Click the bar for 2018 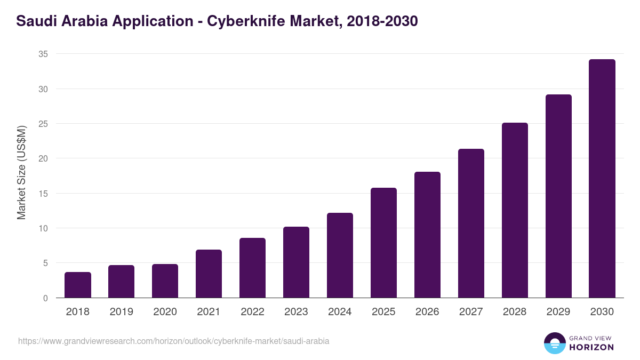(x=78, y=285)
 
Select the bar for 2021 (x=209, y=274)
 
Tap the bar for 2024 (x=340, y=255)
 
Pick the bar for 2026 (x=427, y=235)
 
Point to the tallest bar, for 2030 (x=602, y=179)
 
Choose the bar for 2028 (x=515, y=210)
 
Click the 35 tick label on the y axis (x=43, y=54)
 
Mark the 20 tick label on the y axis (x=43, y=158)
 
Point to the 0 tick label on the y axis (x=45, y=298)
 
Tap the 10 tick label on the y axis (x=43, y=228)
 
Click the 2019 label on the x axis (x=122, y=312)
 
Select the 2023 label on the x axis (x=296, y=312)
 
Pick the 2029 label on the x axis (x=558, y=312)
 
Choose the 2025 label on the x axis (x=383, y=312)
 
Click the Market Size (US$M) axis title (x=21, y=172)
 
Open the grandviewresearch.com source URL (x=173, y=341)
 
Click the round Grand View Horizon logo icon (x=555, y=343)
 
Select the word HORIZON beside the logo (x=592, y=347)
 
